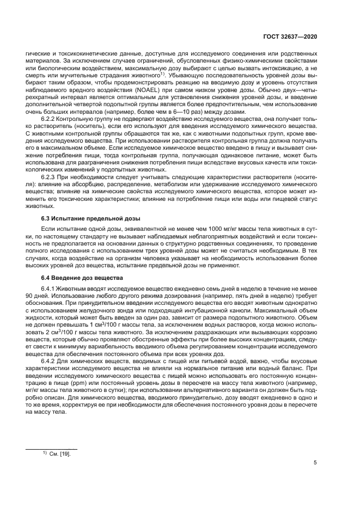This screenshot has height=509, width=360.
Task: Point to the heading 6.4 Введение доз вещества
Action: (83, 278)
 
